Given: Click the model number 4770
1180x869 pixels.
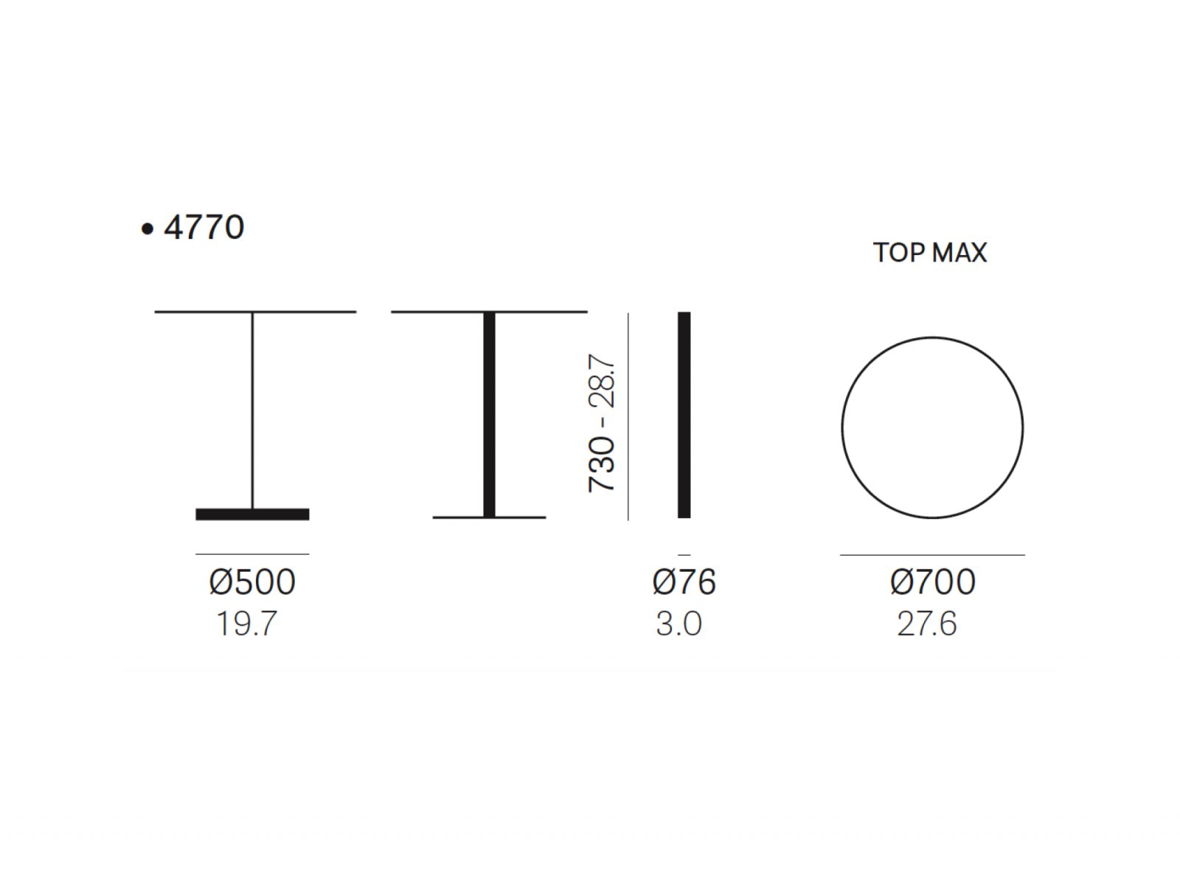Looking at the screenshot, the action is tap(204, 227).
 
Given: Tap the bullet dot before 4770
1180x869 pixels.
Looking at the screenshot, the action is tap(147, 229).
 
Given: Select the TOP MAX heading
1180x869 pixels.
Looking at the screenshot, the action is tap(930, 253).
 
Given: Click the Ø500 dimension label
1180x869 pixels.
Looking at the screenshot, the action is tap(252, 582).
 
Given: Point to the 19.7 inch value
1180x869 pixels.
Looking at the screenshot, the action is tap(246, 624).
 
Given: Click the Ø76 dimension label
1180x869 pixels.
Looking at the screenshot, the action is tap(684, 582).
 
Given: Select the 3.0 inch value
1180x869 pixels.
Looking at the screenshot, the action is tap(679, 624).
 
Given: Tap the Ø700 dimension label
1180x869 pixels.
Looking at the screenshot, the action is tap(932, 582).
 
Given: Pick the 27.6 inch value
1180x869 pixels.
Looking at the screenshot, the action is tap(927, 624).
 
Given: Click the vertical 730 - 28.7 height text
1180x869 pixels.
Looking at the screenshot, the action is tap(602, 423).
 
